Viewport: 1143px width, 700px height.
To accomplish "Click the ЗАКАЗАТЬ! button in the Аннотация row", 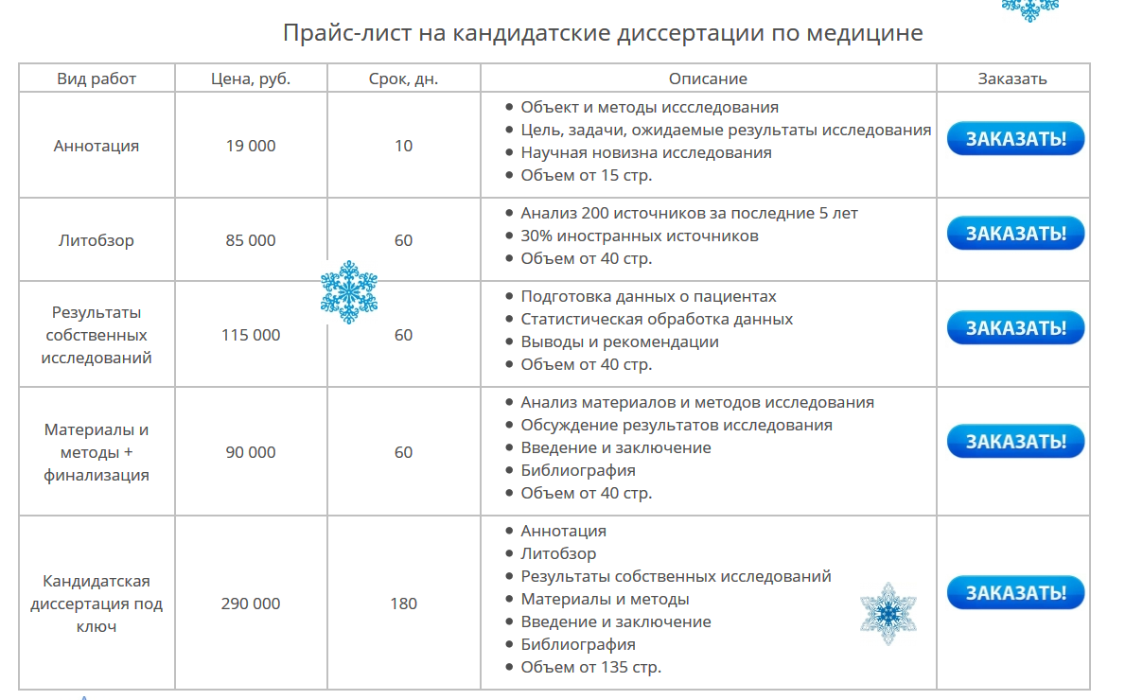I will tap(1015, 139).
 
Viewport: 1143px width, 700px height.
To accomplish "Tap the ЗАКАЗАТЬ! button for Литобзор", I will tap(1015, 234).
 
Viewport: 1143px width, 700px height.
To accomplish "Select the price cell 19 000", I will tap(251, 146).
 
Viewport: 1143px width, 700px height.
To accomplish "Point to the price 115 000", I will tap(251, 335).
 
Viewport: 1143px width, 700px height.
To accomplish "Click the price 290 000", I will tap(251, 604).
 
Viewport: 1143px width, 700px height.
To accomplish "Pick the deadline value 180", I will tap(403, 604).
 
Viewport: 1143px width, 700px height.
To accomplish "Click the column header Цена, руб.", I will tap(251, 79).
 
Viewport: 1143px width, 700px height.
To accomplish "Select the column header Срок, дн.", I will tap(403, 79).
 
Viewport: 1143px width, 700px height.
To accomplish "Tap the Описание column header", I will tap(708, 79).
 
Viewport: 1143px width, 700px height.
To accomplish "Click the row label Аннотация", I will tap(97, 146).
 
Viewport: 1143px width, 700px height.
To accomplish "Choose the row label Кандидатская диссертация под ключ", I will tap(97, 604).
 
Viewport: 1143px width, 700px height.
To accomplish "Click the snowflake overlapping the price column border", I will tap(349, 291).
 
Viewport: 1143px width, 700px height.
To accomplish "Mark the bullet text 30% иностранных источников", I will tap(640, 236).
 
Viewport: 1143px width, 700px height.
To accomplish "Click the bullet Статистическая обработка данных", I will tap(657, 319).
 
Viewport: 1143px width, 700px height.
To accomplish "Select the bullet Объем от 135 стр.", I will tap(590, 667).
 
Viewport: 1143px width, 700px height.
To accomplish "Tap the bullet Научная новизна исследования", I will tap(646, 152).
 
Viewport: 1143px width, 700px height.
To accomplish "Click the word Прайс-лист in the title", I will tap(330, 33).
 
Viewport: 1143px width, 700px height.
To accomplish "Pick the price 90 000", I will tap(251, 452).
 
